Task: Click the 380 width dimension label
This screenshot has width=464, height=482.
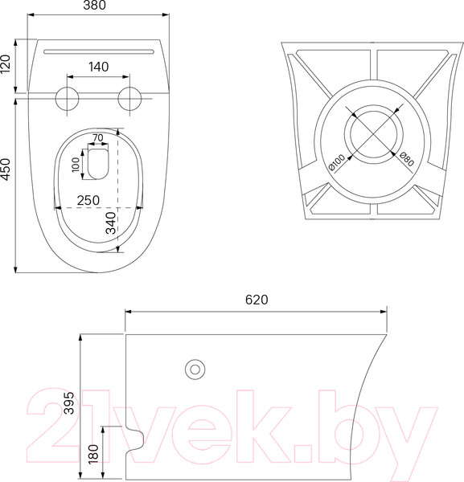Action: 94,6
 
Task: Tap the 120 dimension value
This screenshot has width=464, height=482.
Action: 6,64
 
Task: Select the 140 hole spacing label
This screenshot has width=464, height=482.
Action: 98,67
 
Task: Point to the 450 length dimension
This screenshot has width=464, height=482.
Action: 6,170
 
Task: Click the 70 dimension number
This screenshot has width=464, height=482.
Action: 98,137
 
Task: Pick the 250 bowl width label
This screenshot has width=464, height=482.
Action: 88,200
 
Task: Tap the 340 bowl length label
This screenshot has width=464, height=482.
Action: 111,223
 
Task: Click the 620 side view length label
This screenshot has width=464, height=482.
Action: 257,300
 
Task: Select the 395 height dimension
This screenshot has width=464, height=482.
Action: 69,402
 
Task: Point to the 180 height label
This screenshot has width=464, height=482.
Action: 93,454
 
